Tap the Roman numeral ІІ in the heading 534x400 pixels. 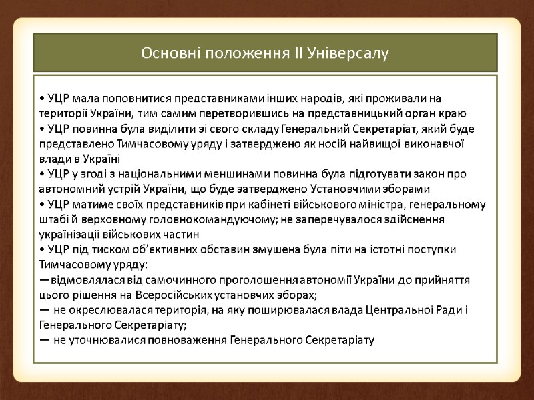pyautogui.click(x=298, y=52)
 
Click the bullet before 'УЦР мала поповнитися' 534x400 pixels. pyautogui.click(x=41, y=99)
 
